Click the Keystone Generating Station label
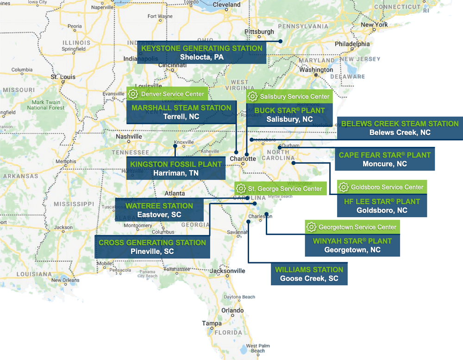coord(202,52)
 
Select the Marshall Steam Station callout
coord(181,112)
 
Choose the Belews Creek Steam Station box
coord(400,128)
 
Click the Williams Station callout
coord(309,274)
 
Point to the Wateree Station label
coord(159,210)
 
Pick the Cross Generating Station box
coord(152,247)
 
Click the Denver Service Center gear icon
coord(133,94)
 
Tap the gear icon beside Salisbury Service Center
coord(252,97)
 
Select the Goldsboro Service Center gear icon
coord(344,187)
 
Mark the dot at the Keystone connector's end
coord(281,41)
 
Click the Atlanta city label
coord(175,194)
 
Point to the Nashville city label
coord(129,137)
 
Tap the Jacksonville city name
coord(227,271)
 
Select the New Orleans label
coord(65,280)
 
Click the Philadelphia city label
coord(352,44)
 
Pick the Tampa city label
coord(212,323)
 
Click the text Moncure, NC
coord(385,164)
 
